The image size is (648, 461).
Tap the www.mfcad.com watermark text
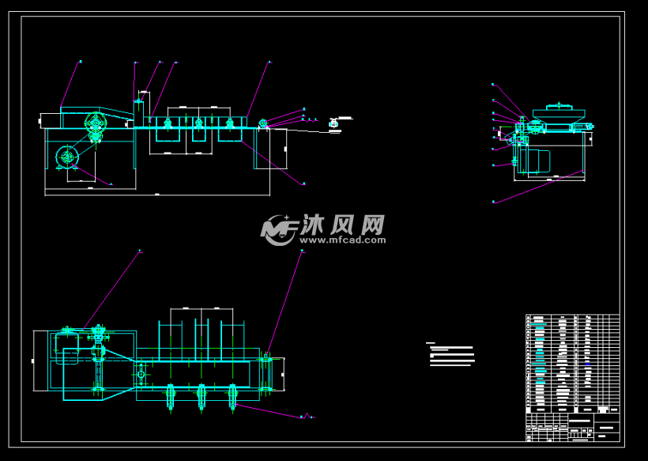[341, 239]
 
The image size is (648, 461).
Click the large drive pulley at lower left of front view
[67, 157]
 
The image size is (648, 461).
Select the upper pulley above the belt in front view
[96, 122]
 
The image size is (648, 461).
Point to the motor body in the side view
[538, 161]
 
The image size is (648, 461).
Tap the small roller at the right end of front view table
[263, 123]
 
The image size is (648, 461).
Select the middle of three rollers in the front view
[198, 123]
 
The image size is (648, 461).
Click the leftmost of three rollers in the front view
[167, 123]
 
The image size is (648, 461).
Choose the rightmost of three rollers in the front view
[230, 123]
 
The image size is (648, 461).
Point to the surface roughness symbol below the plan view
[309, 415]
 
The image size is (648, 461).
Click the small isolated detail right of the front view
[334, 123]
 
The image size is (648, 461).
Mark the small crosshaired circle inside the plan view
[141, 373]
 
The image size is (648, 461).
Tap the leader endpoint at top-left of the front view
[80, 62]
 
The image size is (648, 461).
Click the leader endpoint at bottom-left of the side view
[493, 202]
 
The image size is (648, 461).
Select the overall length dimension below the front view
[156, 193]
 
